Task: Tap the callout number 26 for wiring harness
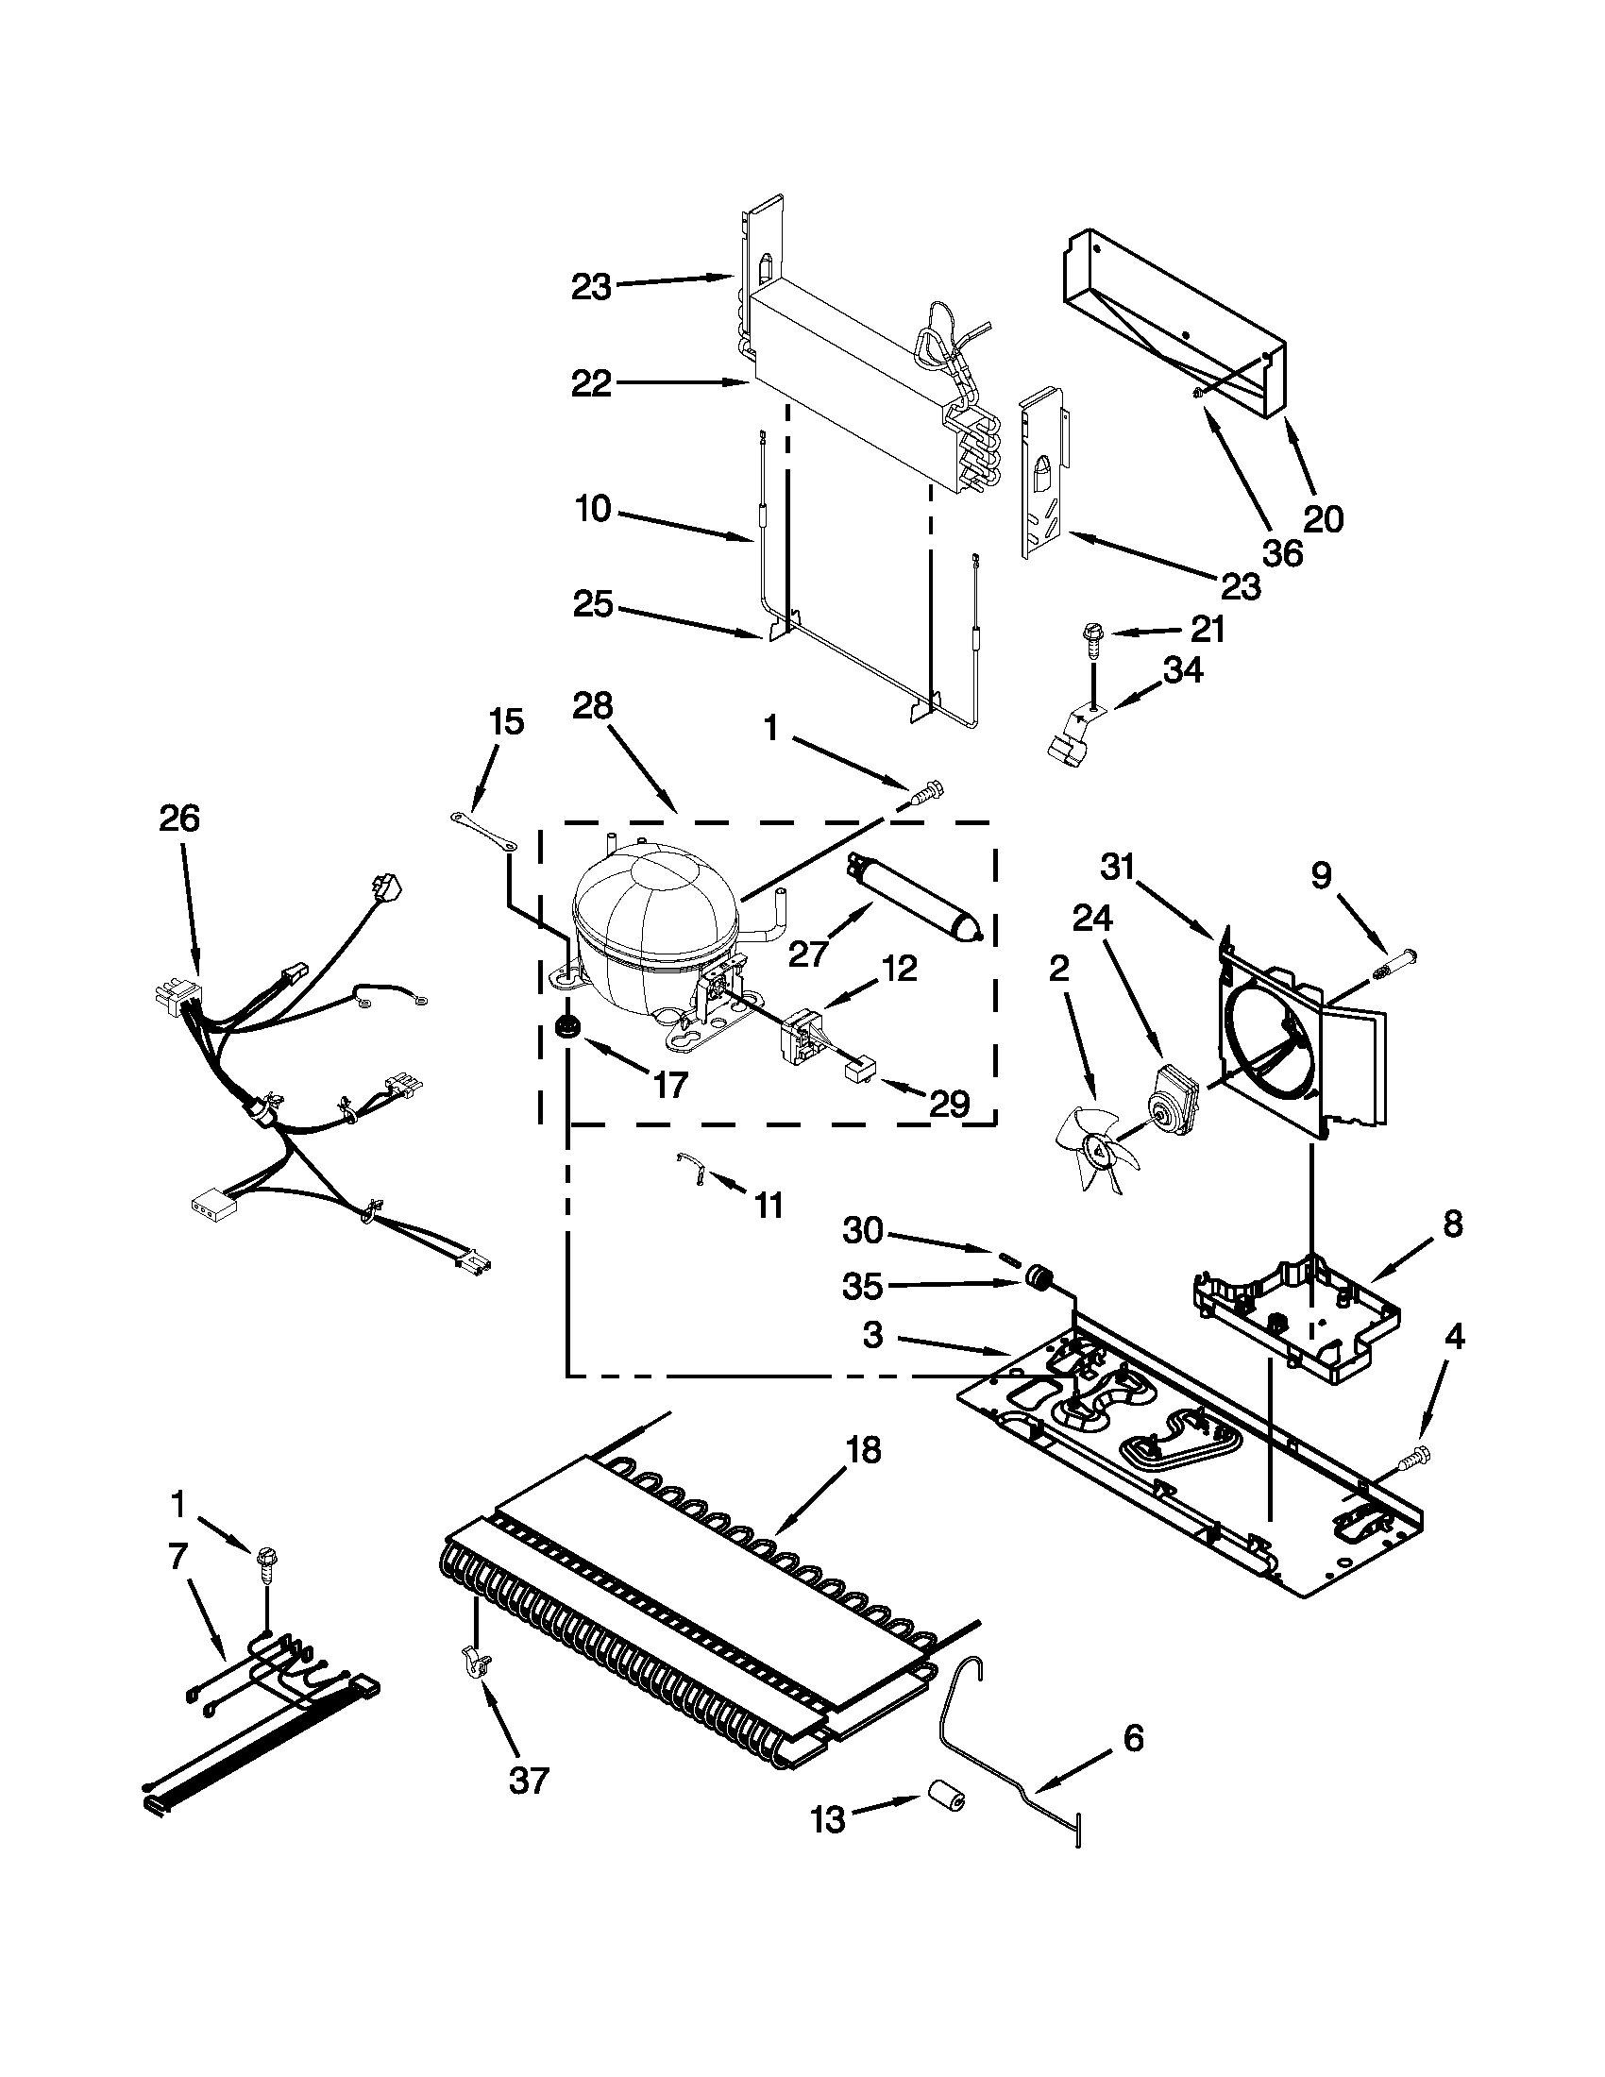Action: click(179, 819)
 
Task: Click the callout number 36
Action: click(1281, 552)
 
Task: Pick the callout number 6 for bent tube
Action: click(1132, 1738)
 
